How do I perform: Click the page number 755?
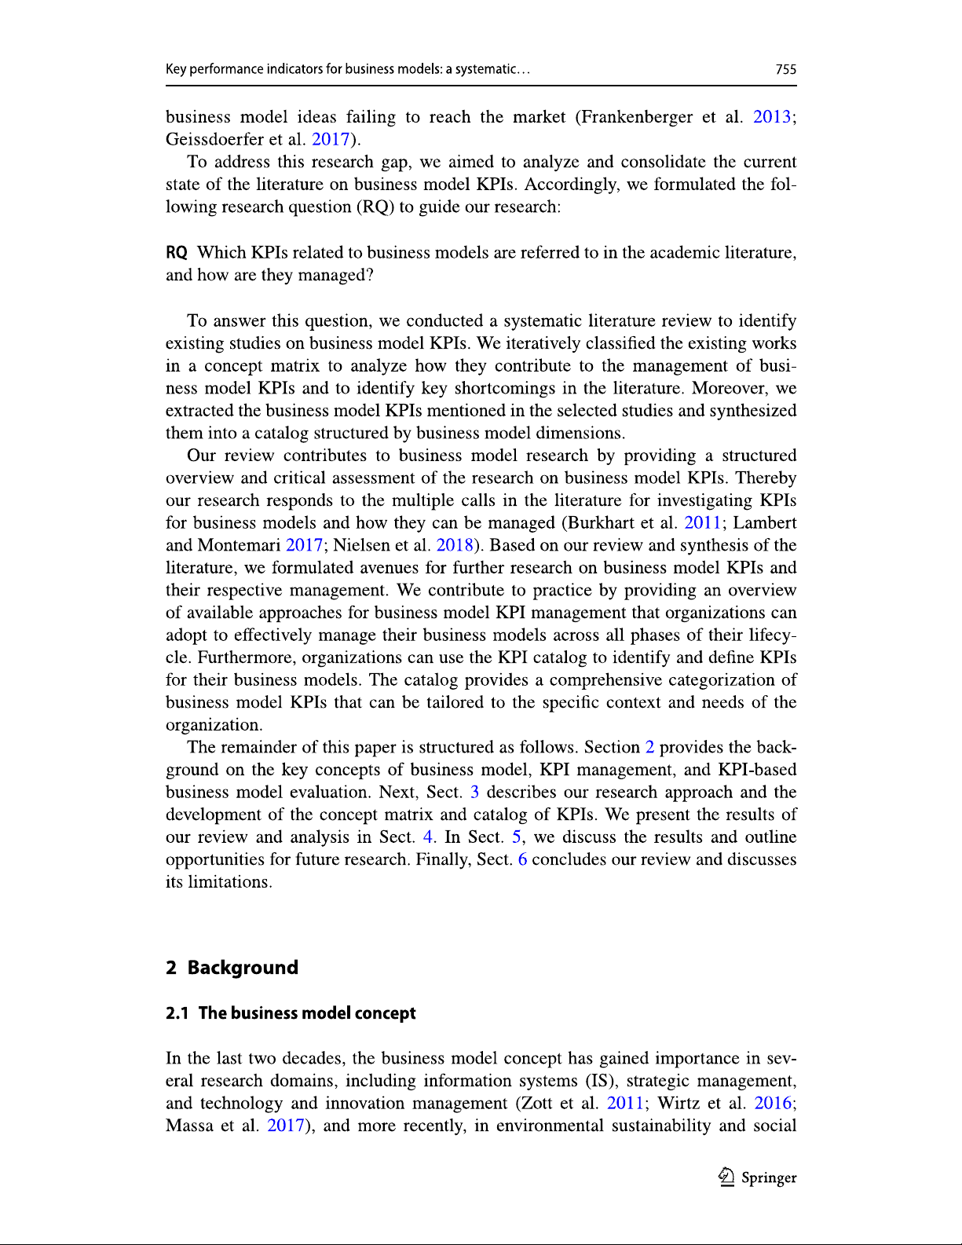(785, 69)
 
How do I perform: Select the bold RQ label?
(176, 253)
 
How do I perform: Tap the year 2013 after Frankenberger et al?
(771, 117)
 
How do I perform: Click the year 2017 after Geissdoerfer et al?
(331, 140)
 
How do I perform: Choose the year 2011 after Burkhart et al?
(703, 523)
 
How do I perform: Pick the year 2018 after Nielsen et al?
(455, 546)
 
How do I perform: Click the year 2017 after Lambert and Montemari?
(304, 546)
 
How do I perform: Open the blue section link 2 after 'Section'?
(649, 748)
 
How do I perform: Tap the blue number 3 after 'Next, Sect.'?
(474, 793)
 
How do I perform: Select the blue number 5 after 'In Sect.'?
(516, 837)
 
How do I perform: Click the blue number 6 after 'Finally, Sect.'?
(522, 860)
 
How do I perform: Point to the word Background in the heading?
(243, 968)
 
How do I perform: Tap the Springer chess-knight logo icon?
(726, 1177)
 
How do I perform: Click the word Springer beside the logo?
(769, 1177)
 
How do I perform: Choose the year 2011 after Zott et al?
(625, 1104)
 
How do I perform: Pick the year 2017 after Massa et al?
(285, 1126)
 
